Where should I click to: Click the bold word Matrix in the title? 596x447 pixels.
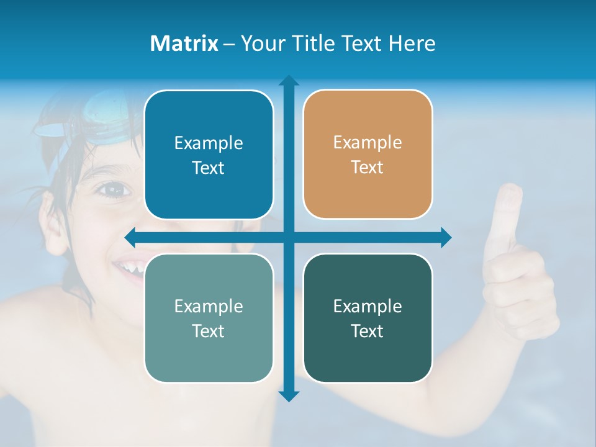pos(184,43)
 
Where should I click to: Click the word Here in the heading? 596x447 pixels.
pos(412,43)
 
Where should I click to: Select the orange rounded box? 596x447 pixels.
pos(368,154)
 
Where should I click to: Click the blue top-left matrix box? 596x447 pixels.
pos(209,155)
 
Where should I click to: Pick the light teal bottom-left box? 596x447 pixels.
pos(209,318)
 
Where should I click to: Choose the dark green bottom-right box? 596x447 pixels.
pos(368,318)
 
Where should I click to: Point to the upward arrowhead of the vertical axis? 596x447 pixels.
pos(289,81)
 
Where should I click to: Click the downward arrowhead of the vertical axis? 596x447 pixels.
pos(289,395)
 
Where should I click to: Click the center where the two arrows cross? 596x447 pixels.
pos(289,237)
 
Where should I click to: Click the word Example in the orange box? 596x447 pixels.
pos(368,142)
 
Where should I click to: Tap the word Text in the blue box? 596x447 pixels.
pos(209,168)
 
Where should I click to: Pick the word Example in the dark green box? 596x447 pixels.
pos(368,306)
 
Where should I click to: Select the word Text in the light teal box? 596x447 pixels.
pos(209,331)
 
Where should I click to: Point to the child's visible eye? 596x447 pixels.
pos(112,189)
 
